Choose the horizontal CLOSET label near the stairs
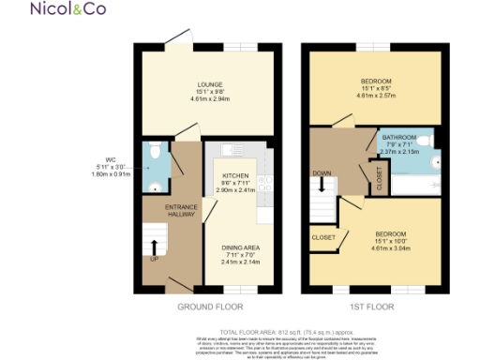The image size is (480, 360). pyautogui.click(x=323, y=238)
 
